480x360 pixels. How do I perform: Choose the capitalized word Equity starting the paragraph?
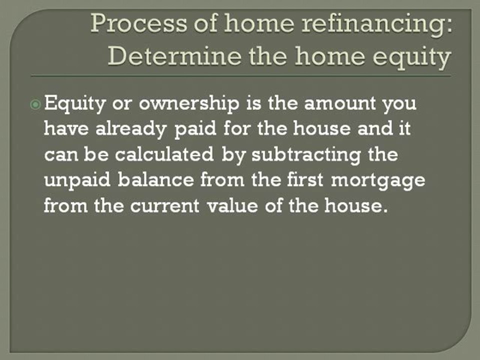coord(75,105)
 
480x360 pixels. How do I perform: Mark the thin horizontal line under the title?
coord(240,75)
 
